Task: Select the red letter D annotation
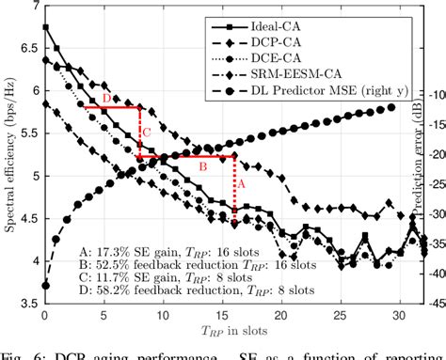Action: [104, 98]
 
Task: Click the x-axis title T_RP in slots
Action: [222, 332]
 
